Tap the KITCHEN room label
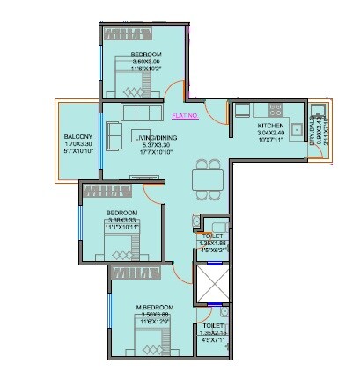[270, 127]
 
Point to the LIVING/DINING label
[151, 138]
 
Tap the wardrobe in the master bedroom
[138, 274]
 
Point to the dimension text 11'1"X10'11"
[122, 228]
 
